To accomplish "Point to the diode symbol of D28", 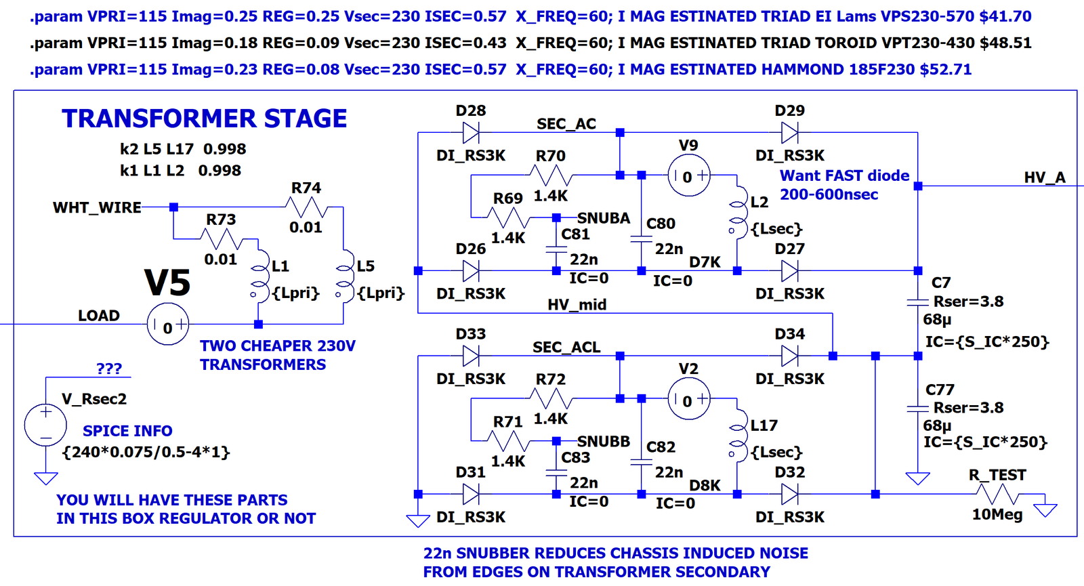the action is click(x=471, y=132).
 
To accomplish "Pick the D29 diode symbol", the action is click(x=790, y=132).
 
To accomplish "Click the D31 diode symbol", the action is click(x=471, y=494).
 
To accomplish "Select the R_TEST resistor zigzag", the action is click(x=998, y=495).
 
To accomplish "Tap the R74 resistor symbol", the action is click(x=306, y=207).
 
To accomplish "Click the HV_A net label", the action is click(x=1045, y=177).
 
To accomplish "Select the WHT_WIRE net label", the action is click(x=97, y=207).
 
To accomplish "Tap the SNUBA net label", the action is click(x=604, y=218).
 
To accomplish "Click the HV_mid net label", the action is click(x=577, y=304).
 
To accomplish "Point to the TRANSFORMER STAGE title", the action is click(x=204, y=119).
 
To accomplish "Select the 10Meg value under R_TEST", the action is click(x=997, y=514).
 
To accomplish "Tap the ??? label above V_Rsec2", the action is click(x=109, y=369).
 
